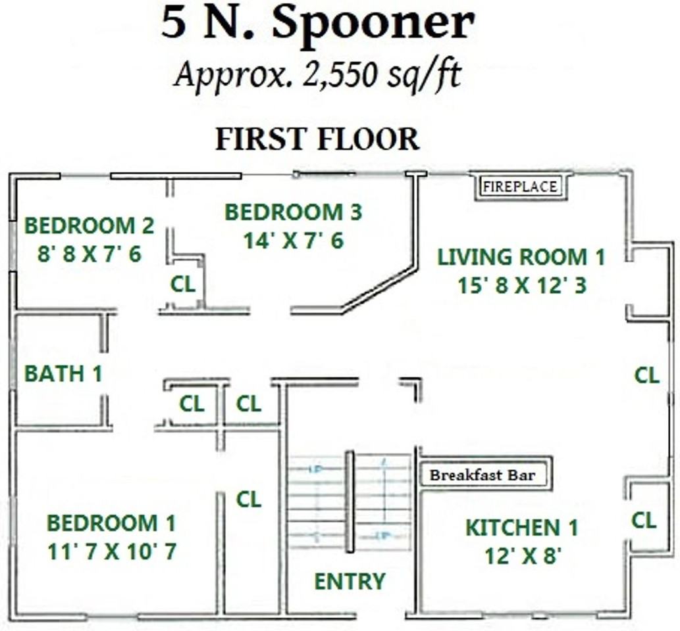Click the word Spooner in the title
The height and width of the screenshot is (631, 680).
point(373,24)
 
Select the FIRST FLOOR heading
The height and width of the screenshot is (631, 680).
point(317,139)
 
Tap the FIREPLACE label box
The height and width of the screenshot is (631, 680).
point(519,187)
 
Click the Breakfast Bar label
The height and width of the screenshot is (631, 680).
point(483,475)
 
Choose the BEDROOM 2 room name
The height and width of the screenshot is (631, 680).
point(89,226)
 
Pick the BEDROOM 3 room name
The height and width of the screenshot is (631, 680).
point(293,212)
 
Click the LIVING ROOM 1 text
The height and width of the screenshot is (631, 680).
point(521,257)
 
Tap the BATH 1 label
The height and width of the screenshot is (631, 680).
point(63,374)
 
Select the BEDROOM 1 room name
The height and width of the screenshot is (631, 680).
point(111,524)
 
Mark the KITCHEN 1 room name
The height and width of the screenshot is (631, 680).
point(522,528)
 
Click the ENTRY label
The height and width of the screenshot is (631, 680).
point(350,582)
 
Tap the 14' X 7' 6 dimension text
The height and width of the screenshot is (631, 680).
point(293,241)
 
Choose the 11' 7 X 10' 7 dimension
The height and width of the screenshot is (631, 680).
point(111,552)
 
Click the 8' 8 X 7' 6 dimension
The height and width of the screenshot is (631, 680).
point(89,254)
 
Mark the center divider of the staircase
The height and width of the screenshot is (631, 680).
point(350,502)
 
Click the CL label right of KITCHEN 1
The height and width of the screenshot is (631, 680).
point(644,521)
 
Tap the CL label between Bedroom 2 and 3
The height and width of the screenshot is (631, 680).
point(182,285)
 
